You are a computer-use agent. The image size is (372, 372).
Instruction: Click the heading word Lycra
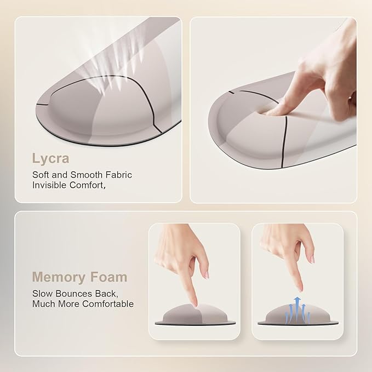pos(50,158)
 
